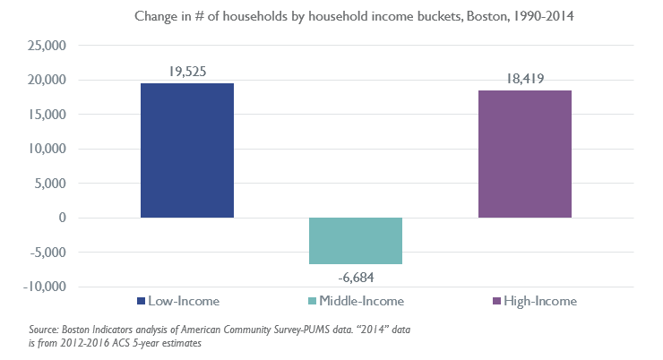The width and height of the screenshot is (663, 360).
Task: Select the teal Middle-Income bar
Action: pos(356,241)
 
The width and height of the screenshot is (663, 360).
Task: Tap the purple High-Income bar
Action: pos(524,154)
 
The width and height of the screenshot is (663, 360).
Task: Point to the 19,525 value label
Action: pos(187,71)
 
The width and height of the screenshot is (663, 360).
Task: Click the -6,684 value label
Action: pos(356,277)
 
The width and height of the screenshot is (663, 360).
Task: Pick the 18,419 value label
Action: pos(524,80)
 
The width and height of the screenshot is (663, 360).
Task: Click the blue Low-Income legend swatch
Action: pos(142,301)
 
